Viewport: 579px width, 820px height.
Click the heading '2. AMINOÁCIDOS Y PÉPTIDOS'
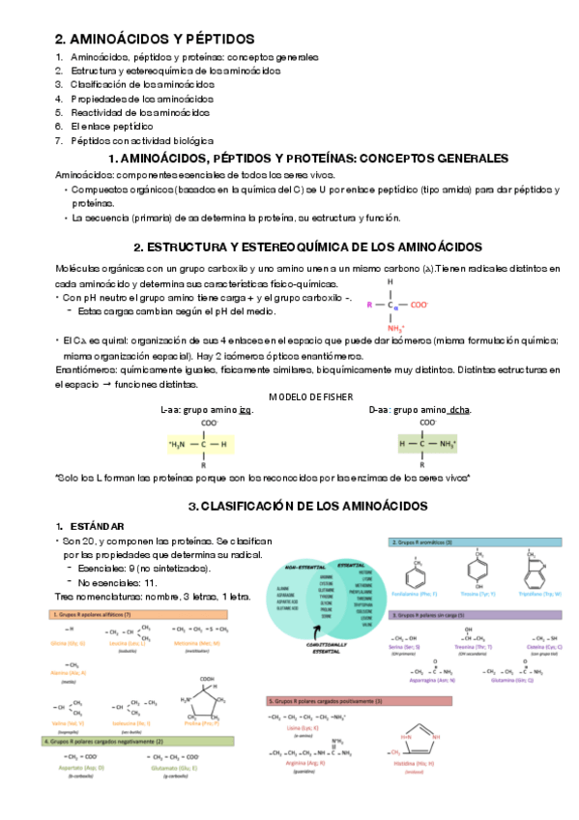click(155, 39)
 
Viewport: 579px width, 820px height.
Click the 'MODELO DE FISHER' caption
click(309, 396)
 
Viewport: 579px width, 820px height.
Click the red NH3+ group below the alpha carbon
click(393, 328)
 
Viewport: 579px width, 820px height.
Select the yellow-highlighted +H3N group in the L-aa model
click(182, 444)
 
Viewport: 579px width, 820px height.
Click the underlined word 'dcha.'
click(459, 409)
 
